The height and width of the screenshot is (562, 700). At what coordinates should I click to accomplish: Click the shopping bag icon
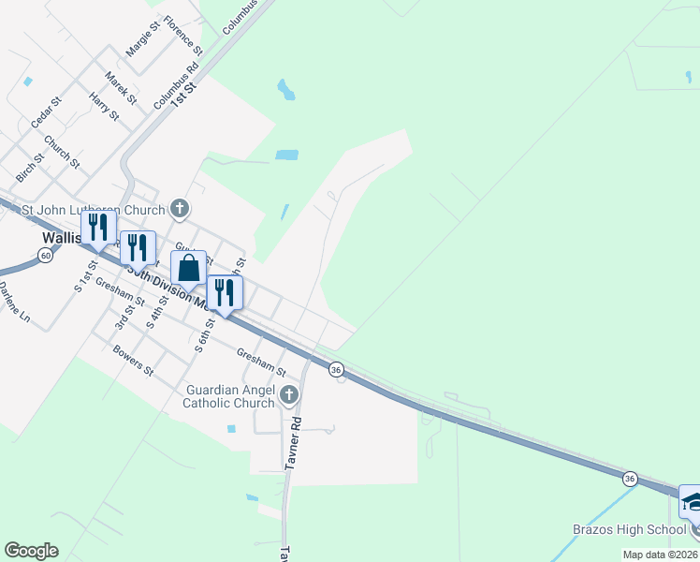tap(188, 268)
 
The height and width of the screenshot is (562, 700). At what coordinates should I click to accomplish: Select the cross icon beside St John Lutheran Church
tap(180, 209)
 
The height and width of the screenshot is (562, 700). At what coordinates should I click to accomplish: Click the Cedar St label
tap(45, 111)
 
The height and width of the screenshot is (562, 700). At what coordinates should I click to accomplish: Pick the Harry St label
tap(104, 106)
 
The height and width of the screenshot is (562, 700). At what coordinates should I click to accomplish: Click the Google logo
tap(31, 551)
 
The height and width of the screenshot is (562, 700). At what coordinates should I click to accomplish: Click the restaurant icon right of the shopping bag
tap(225, 292)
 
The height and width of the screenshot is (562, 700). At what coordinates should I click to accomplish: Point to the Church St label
tap(62, 153)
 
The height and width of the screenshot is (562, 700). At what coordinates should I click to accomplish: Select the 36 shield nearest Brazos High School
tap(629, 479)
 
